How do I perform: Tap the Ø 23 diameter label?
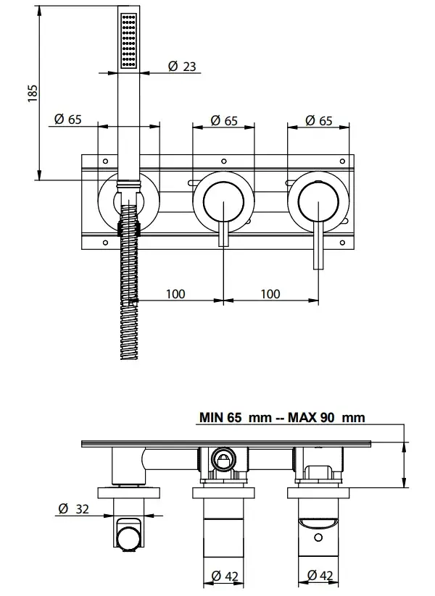(x=182, y=67)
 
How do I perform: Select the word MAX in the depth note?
(x=303, y=417)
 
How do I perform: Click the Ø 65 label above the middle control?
(x=224, y=120)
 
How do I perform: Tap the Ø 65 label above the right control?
(x=319, y=120)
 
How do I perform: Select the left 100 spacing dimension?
(x=175, y=294)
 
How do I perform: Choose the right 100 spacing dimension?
(x=270, y=294)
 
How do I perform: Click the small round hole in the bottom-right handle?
(x=319, y=539)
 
